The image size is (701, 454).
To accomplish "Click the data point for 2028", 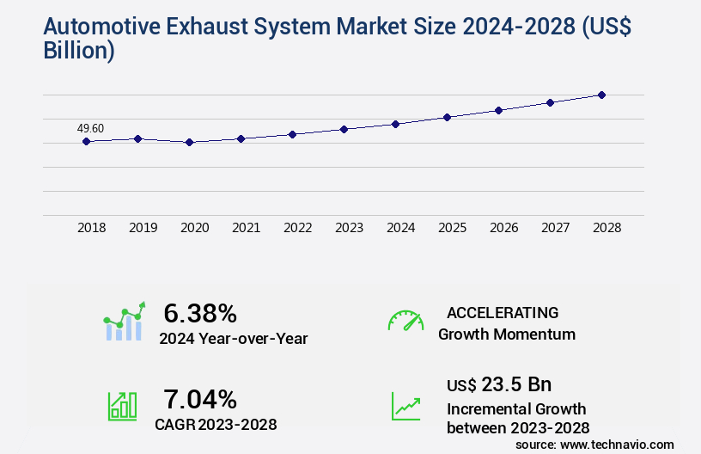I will [601, 95].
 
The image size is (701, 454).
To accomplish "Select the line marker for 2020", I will [189, 142].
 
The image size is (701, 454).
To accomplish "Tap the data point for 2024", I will [395, 124].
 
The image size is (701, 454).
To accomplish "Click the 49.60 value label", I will [90, 129].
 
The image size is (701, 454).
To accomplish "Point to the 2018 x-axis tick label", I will [91, 228].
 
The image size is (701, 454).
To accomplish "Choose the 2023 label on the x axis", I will [349, 228].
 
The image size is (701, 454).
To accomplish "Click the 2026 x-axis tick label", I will [503, 228].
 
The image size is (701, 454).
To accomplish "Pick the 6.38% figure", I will [200, 313].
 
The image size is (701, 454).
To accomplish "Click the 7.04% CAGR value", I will [200, 399].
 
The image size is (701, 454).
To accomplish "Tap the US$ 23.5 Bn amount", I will [499, 383].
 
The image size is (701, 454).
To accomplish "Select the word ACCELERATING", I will [503, 313].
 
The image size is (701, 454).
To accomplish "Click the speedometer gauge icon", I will [405, 321].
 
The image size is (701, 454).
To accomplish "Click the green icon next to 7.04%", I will [122, 406].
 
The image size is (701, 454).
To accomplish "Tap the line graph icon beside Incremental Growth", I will [405, 406].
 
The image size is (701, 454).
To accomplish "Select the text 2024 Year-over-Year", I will [233, 339].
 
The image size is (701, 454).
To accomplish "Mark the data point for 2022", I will [292, 134].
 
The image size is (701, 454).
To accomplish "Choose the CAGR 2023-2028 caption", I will [216, 424].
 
